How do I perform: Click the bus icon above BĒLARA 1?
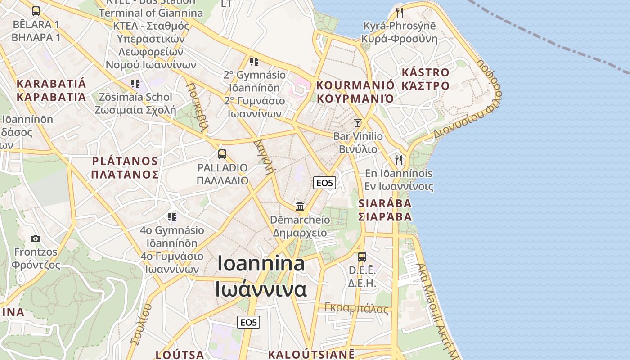coord(36,11)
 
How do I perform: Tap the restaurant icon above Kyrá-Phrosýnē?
coord(399,12)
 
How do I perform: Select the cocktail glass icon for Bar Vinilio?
coord(358,122)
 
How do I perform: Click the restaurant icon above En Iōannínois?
coord(399,160)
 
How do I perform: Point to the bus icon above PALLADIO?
coord(222,154)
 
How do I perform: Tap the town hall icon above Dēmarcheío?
coord(300,207)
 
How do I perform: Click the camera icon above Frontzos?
coord(36,238)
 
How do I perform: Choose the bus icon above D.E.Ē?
coord(362,257)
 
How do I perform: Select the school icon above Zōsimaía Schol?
coord(135,83)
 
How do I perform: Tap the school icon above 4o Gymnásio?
coord(171,217)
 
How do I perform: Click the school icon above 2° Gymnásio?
coord(254,61)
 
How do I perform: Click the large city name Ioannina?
coord(261,264)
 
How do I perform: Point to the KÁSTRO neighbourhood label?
coord(425,73)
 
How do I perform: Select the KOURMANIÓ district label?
coord(355,85)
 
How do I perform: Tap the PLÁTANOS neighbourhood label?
coord(125,162)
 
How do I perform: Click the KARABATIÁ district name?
coord(51,84)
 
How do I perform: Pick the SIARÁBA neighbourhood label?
coord(385,204)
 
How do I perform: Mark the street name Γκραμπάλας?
coord(356,309)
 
